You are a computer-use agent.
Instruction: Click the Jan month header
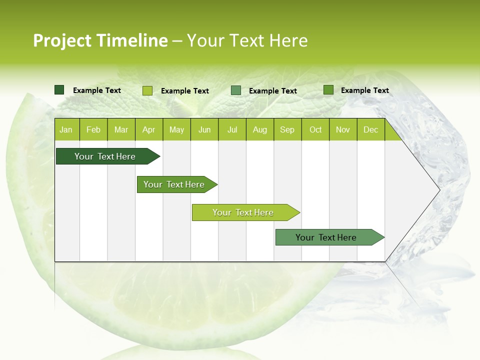coord(66,129)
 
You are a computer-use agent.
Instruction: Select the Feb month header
coord(93,129)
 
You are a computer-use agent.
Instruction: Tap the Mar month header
coord(121,129)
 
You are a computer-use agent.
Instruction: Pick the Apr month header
coord(149,129)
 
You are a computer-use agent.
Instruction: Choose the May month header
coord(176,129)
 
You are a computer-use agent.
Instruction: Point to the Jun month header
coord(204,129)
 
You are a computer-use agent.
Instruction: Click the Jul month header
coord(232,129)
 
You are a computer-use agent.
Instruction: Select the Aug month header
coord(260,129)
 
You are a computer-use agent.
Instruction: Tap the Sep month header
coord(287,129)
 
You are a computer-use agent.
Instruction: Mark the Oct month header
coord(315,129)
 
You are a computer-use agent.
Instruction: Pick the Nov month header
coord(343,129)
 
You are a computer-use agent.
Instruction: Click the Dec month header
coord(371,129)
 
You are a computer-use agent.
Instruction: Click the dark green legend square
coord(59,90)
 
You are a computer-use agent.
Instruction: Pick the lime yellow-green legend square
coord(147,90)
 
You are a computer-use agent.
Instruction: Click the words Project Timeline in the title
coord(100,40)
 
